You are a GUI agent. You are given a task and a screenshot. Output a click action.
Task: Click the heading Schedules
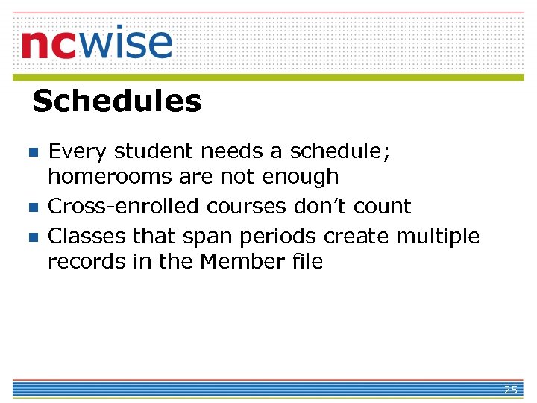(117, 101)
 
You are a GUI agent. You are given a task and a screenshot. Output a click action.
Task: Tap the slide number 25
(510, 390)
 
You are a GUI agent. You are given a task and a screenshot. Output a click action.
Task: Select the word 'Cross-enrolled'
(125, 206)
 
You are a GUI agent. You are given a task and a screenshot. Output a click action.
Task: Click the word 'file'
(308, 262)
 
